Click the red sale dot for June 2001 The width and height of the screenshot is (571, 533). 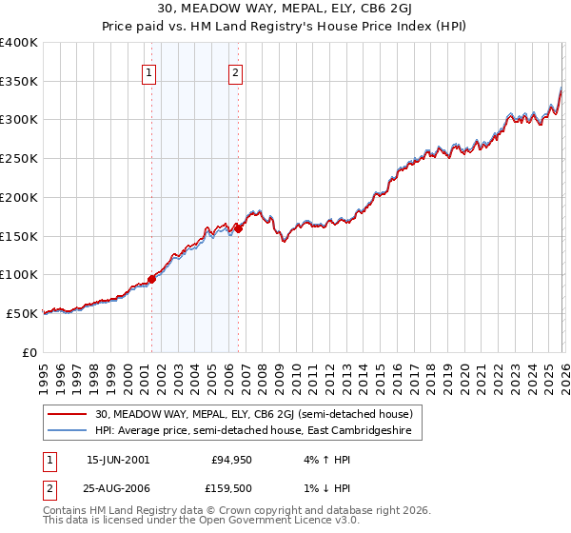[x=151, y=279]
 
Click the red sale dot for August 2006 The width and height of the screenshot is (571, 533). [x=238, y=228]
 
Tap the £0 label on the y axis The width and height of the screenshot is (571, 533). [x=30, y=352]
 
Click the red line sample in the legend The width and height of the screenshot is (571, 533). [x=68, y=415]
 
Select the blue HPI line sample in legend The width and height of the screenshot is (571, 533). [x=68, y=432]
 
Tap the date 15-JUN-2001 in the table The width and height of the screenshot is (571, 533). [x=118, y=460]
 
